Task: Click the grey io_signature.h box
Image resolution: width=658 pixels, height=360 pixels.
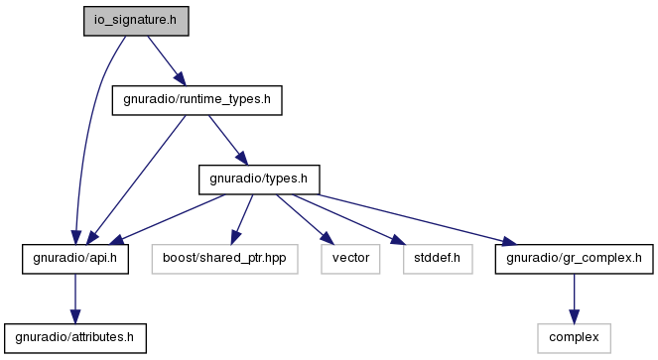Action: [x=136, y=21]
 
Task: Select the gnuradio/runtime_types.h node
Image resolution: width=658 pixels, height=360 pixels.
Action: [x=197, y=100]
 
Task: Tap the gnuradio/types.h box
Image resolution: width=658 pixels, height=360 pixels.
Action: [x=259, y=180]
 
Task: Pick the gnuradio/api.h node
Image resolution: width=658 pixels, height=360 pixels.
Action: [x=75, y=259]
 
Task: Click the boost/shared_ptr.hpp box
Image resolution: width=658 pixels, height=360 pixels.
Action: [x=224, y=259]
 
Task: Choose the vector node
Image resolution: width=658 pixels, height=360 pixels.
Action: [x=350, y=259]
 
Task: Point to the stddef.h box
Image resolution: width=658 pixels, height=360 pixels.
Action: [x=438, y=259]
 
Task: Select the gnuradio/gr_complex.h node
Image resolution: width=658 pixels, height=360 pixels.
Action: [x=574, y=259]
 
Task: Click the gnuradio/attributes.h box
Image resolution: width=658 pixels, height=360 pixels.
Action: [x=75, y=338]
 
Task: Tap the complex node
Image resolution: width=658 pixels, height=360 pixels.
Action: [x=574, y=338]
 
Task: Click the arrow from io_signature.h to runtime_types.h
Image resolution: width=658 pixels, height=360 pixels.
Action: [x=166, y=60]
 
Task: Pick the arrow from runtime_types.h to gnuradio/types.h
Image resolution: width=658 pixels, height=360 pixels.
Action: [x=228, y=140]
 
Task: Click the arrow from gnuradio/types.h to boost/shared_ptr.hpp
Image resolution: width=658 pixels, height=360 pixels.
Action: [x=242, y=219]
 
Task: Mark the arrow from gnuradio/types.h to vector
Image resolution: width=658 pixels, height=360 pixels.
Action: [x=305, y=219]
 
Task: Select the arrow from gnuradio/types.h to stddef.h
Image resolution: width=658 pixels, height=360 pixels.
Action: [x=349, y=219]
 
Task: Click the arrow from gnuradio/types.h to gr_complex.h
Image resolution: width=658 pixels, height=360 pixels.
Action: [x=418, y=219]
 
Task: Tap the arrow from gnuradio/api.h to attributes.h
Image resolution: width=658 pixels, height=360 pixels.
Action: [x=75, y=299]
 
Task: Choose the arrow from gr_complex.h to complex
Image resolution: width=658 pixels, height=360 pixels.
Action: [x=574, y=299]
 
